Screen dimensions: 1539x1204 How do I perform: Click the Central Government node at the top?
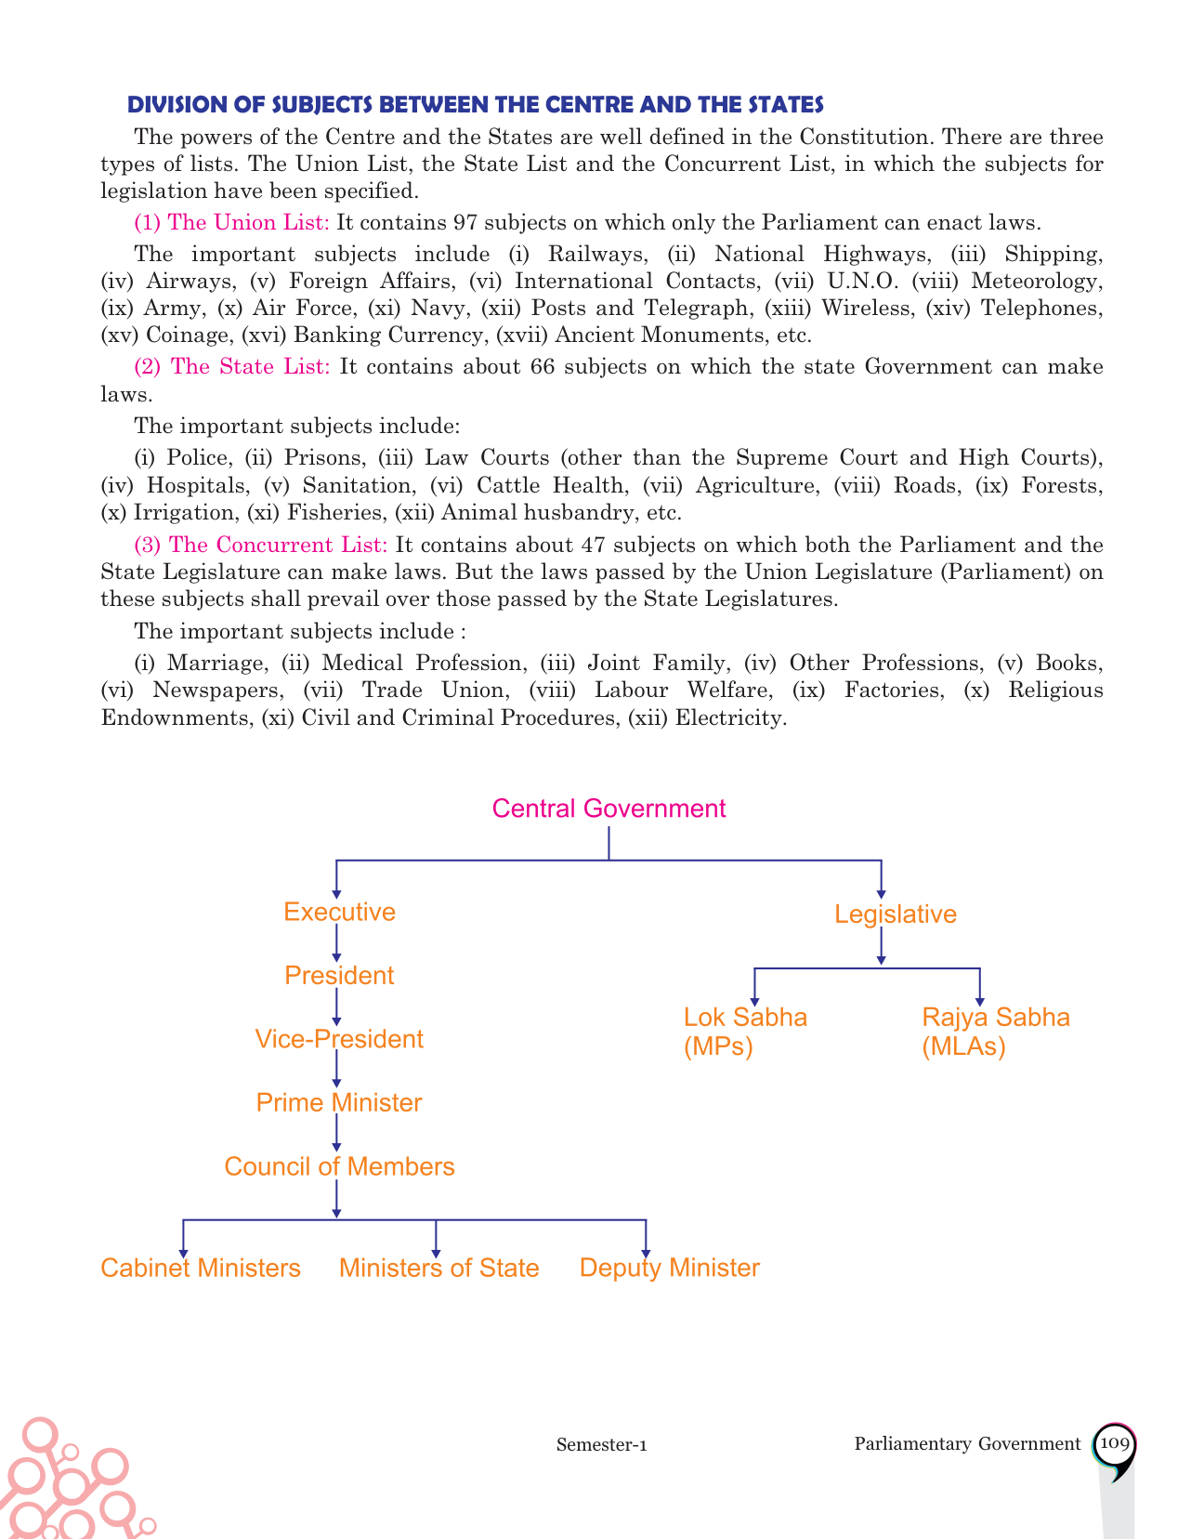click(609, 809)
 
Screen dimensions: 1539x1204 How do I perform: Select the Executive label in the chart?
click(339, 912)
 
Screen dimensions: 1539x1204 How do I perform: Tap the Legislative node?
click(895, 914)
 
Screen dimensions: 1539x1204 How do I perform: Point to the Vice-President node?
click(339, 1039)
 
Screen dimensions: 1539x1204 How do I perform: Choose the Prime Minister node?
click(339, 1103)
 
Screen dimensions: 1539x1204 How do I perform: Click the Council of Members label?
click(339, 1167)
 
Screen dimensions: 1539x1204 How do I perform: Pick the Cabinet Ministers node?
click(201, 1269)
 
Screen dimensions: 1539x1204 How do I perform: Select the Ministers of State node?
click(438, 1269)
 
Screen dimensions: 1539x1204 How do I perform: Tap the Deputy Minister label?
click(669, 1269)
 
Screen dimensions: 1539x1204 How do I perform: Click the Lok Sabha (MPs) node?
click(745, 1032)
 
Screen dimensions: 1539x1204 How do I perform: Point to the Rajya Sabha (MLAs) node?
click(995, 1032)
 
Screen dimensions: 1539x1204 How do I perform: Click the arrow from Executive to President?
click(336, 944)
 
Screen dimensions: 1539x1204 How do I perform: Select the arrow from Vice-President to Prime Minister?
click(336, 1072)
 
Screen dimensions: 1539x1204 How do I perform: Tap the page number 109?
click(1113, 1443)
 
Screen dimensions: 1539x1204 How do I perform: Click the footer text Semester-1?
click(601, 1445)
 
